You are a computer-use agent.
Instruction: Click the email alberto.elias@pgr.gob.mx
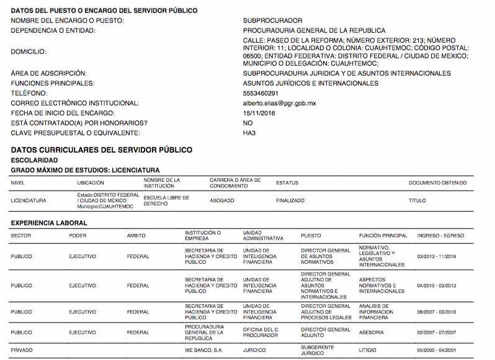(279, 103)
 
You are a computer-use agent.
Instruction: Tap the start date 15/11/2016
(259, 113)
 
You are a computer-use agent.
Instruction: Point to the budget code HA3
(249, 133)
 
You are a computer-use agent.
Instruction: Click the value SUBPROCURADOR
(272, 20)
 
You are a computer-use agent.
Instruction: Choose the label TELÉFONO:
(30, 93)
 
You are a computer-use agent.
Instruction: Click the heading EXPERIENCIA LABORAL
(49, 223)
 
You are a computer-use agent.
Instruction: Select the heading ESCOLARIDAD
(34, 160)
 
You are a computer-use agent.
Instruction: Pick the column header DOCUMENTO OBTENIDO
(437, 183)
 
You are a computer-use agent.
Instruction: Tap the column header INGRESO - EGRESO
(440, 236)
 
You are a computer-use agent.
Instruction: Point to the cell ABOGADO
(222, 200)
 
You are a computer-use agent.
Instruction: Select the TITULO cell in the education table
(417, 200)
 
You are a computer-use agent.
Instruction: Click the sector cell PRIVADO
(22, 350)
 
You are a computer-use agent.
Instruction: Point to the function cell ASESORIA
(371, 332)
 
